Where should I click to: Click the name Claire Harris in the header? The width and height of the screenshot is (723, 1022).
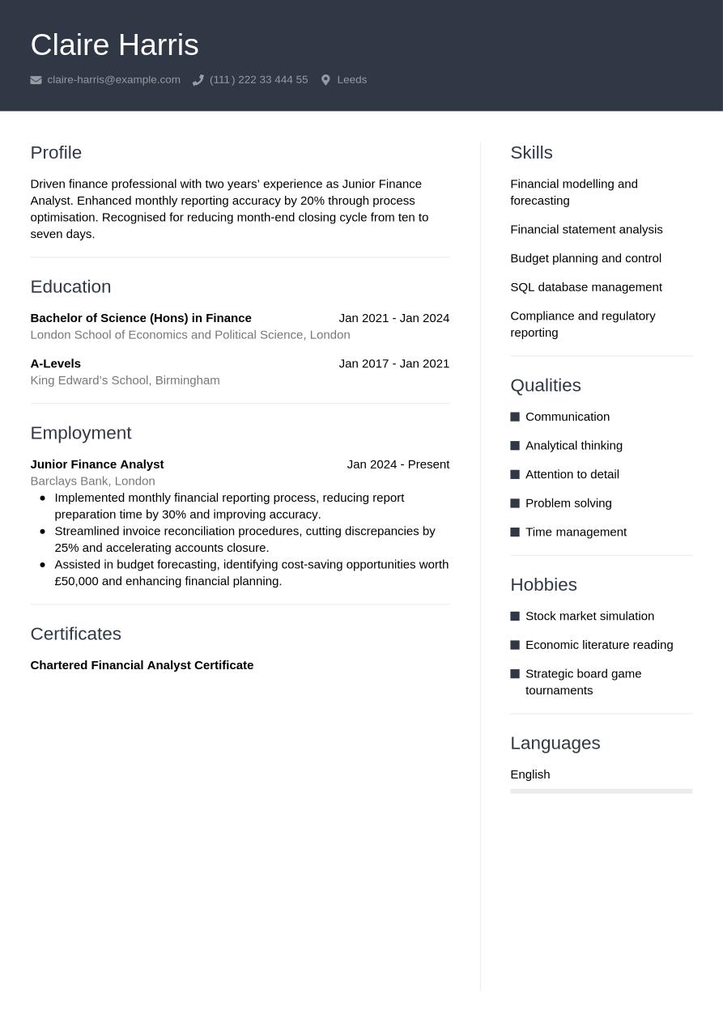[x=114, y=45]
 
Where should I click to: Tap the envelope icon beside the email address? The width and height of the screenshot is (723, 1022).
[x=36, y=80]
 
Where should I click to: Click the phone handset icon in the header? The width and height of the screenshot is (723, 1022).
[x=198, y=80]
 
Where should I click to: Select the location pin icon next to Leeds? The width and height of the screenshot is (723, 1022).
[x=325, y=80]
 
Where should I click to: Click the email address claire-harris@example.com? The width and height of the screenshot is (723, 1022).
[x=113, y=79]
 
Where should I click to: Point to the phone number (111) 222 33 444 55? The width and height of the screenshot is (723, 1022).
[x=258, y=79]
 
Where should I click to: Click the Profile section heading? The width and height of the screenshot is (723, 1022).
[x=56, y=152]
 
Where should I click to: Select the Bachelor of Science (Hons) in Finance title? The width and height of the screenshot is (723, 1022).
[x=141, y=318]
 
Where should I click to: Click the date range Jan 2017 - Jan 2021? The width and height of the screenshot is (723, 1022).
[x=393, y=363]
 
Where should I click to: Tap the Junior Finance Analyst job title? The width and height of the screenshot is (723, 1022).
[x=97, y=464]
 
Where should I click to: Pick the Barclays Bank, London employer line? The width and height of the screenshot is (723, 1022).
[x=92, y=481]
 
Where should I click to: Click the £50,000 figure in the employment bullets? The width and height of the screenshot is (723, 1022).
[x=76, y=581]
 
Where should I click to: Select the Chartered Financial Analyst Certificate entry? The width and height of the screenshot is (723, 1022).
[x=142, y=665]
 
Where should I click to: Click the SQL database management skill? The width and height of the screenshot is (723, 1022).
[x=585, y=287]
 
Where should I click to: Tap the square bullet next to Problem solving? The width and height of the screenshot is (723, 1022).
[x=515, y=503]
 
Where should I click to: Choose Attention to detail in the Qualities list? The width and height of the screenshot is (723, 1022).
[x=572, y=474]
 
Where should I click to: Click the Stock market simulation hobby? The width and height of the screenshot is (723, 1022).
[x=589, y=616]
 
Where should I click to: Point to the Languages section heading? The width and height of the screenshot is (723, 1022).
[x=555, y=743]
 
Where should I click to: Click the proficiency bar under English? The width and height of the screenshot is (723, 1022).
[x=601, y=791]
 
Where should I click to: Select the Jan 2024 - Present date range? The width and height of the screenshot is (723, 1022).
[x=398, y=464]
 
